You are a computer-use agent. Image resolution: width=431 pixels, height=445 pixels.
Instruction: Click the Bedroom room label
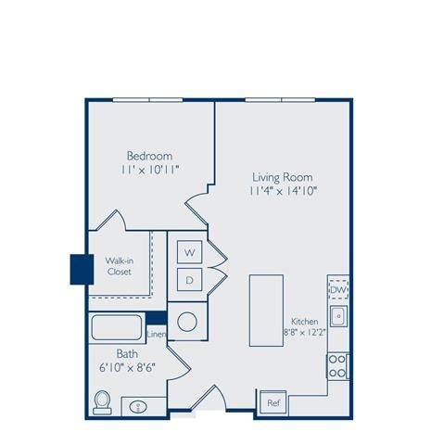tap(149, 155)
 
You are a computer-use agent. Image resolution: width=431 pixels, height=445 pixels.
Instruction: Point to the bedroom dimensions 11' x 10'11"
tap(149, 171)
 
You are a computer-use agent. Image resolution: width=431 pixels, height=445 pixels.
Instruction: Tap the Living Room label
tap(282, 177)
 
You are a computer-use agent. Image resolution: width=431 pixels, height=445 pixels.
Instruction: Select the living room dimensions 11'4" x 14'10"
tap(282, 192)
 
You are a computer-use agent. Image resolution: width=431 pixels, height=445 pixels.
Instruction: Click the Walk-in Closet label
tap(119, 267)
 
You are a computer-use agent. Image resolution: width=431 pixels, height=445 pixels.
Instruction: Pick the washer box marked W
tap(189, 252)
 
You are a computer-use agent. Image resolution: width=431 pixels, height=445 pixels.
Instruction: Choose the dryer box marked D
tap(189, 279)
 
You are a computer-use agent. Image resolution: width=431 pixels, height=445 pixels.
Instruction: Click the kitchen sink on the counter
tap(339, 315)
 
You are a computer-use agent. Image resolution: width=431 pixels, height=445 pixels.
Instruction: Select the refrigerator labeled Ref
tap(273, 402)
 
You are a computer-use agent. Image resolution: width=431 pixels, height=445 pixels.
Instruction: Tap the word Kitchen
tap(305, 321)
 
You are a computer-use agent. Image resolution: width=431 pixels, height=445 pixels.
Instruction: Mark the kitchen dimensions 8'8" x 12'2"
tap(305, 334)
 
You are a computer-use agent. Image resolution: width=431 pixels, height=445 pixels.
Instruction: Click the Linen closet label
tap(156, 334)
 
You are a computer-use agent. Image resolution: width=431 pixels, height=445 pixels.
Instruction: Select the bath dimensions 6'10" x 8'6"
tap(129, 367)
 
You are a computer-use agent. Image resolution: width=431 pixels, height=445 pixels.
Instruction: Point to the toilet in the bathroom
tap(104, 402)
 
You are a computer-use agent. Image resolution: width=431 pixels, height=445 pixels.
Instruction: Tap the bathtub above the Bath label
tap(117, 329)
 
